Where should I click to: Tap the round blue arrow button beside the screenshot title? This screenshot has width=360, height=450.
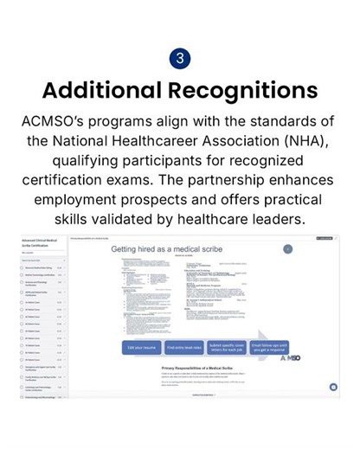(288, 248)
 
